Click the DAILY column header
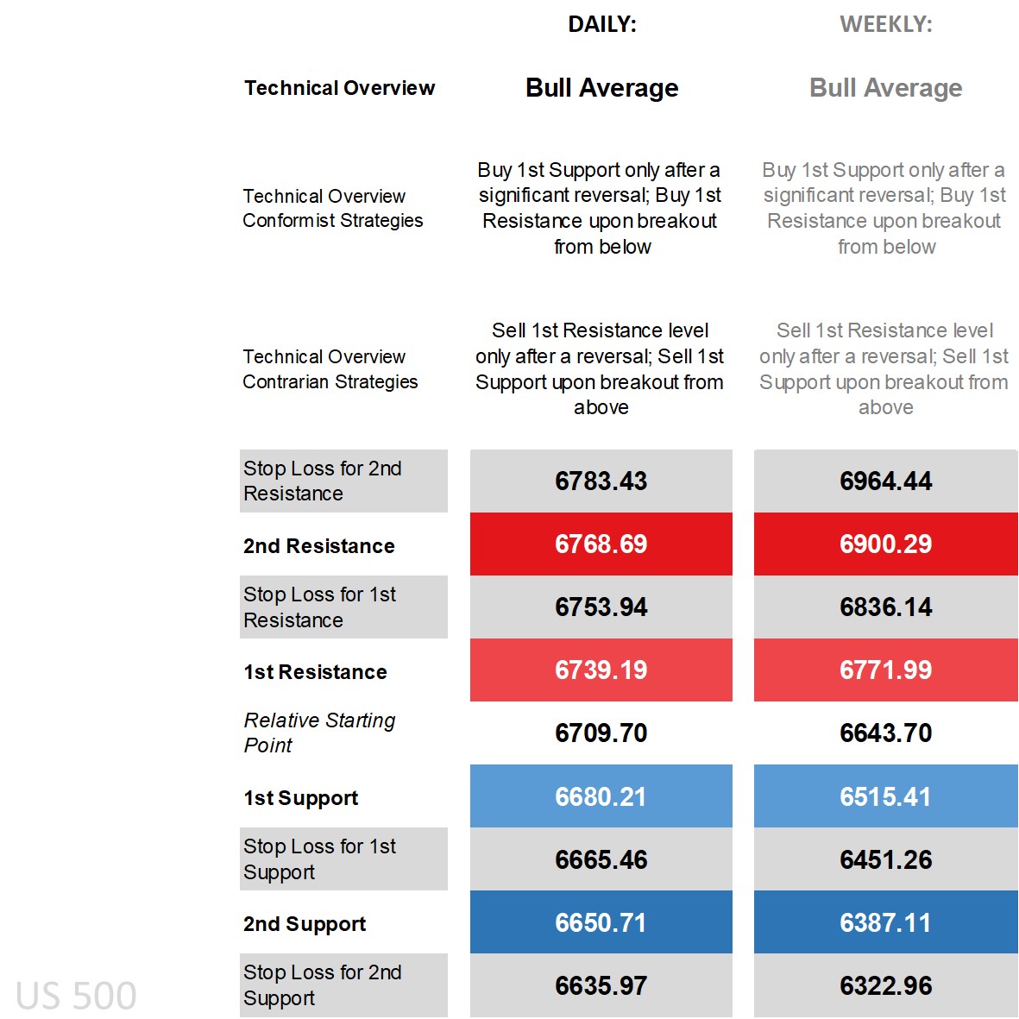(x=601, y=24)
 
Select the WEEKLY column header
(x=885, y=24)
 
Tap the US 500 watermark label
(x=76, y=996)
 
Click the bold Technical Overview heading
(x=339, y=88)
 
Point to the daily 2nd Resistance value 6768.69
(x=601, y=544)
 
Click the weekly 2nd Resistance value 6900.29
(x=885, y=544)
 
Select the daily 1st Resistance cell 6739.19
(x=601, y=670)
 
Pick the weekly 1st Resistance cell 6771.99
(x=885, y=670)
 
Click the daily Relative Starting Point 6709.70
(x=601, y=733)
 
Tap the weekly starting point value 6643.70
(x=885, y=733)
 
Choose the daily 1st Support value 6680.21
(x=601, y=796)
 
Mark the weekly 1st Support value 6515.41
(x=885, y=796)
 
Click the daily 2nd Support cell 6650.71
(x=601, y=922)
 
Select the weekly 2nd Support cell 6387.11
(x=885, y=922)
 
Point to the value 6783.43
(x=601, y=481)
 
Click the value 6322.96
(x=885, y=985)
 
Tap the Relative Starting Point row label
(x=319, y=733)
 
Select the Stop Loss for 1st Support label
(x=319, y=859)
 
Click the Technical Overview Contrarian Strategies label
(x=330, y=369)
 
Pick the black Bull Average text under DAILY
(x=601, y=88)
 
